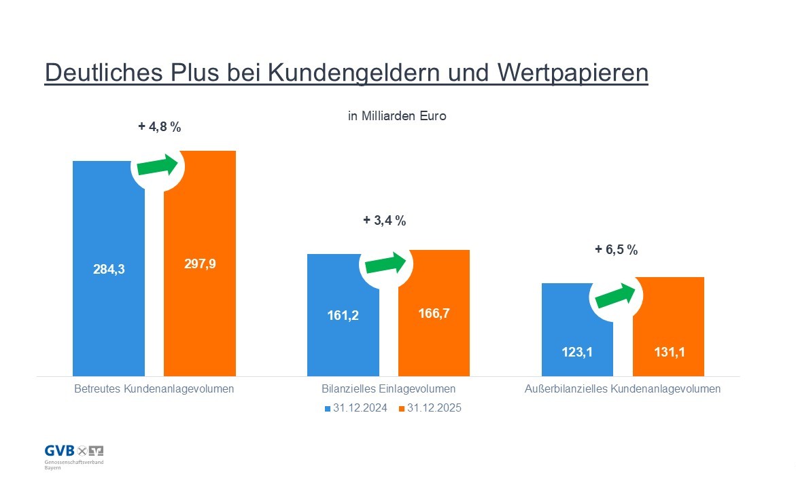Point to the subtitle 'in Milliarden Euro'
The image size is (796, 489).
tap(397, 116)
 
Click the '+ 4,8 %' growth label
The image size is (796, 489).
tap(160, 126)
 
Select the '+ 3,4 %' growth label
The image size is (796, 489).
tap(384, 221)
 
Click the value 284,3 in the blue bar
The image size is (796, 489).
tap(109, 269)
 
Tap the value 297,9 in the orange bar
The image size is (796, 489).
tap(200, 264)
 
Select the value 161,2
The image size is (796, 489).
tap(343, 316)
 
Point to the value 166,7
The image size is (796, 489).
tap(434, 313)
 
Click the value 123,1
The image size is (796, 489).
tap(577, 353)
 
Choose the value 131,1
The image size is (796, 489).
tap(668, 352)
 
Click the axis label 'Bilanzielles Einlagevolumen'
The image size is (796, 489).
tap(388, 390)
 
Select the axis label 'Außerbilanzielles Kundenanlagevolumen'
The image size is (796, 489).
tap(622, 390)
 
